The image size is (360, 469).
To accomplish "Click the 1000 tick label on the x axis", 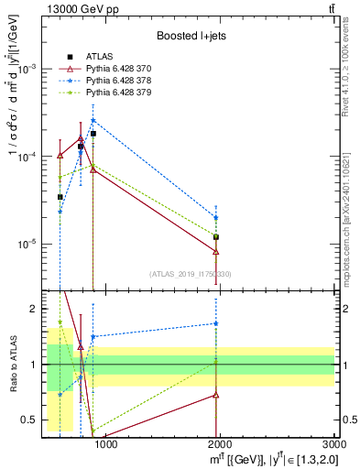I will (x=105, y=446).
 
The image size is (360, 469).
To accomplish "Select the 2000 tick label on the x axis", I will (x=220, y=446).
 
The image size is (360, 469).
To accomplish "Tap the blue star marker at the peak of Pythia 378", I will (x=93, y=120).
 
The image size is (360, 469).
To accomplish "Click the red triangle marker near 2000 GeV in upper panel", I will (x=216, y=251).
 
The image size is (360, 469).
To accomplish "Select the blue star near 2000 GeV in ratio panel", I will (x=216, y=323).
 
